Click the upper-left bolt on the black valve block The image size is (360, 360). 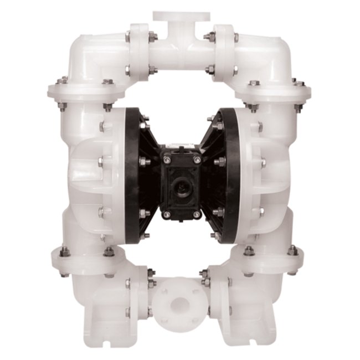click(x=166, y=160)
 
